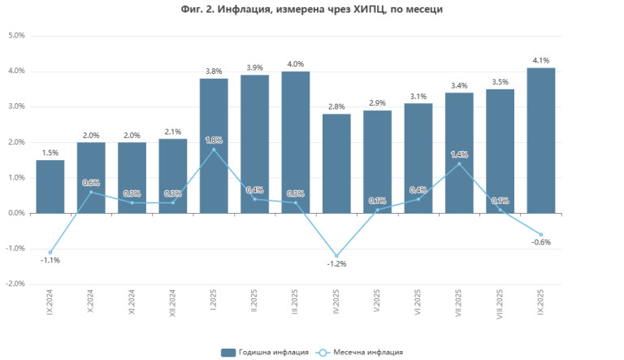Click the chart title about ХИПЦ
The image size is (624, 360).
[x=312, y=9]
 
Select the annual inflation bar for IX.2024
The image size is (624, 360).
[x=50, y=186]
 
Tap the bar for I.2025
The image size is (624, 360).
[x=214, y=146]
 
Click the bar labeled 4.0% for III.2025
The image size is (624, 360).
[x=296, y=142]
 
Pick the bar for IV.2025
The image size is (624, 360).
[x=336, y=163]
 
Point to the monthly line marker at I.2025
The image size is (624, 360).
[x=214, y=150]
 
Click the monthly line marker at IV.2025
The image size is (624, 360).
[x=336, y=255]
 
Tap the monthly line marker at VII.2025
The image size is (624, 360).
[x=459, y=163]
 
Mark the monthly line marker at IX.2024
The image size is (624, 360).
[x=50, y=252]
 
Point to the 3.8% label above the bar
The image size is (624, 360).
[x=214, y=71]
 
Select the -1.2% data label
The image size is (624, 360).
[x=336, y=264]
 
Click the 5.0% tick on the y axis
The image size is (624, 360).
[x=16, y=36]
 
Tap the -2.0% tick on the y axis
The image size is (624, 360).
[x=15, y=284]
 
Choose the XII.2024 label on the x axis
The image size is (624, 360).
[x=173, y=308]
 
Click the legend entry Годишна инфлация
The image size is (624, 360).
[x=265, y=352]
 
